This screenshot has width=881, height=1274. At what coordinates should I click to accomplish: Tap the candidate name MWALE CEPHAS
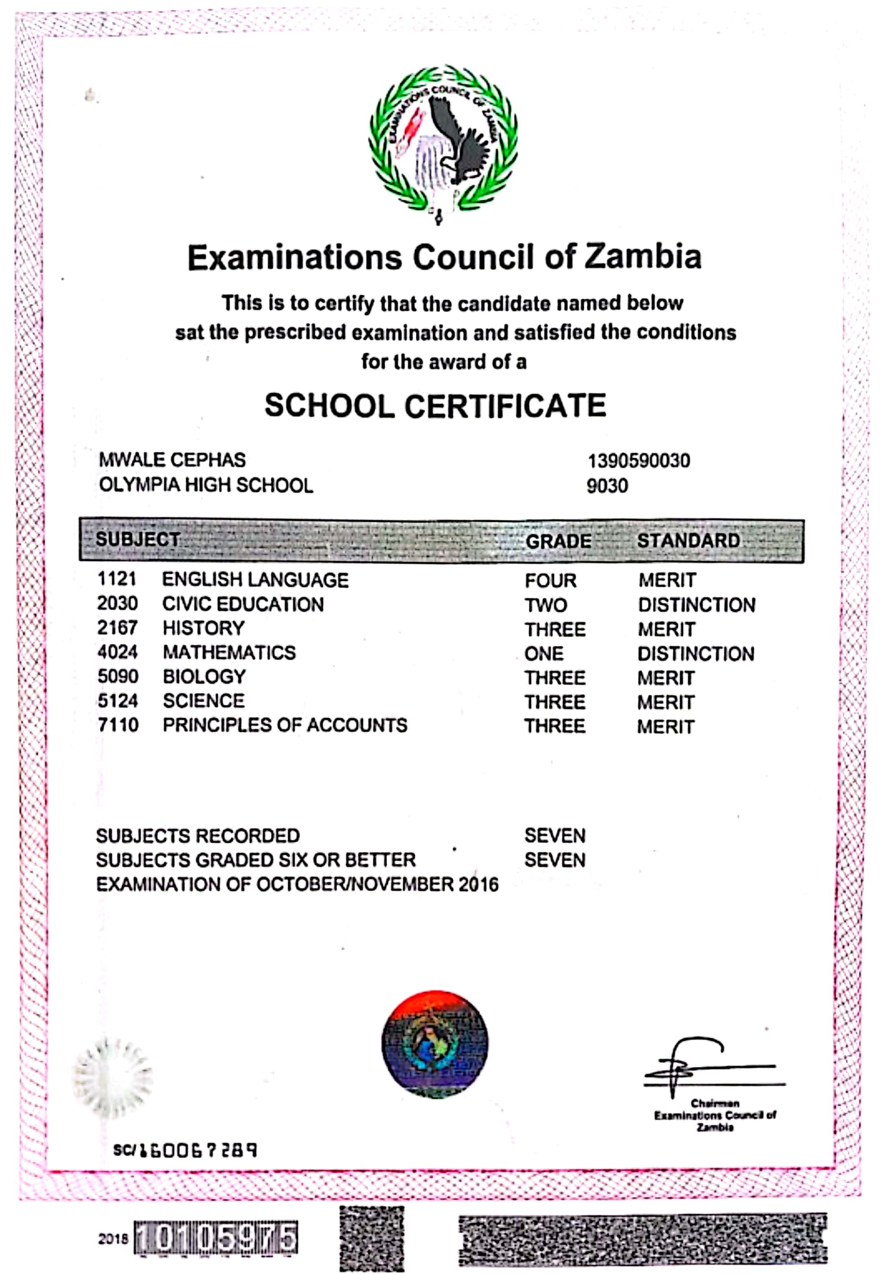click(x=172, y=459)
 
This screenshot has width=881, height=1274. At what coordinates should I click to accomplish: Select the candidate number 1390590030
click(x=638, y=461)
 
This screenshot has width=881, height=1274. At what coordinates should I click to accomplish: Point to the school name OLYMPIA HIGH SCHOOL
click(x=206, y=485)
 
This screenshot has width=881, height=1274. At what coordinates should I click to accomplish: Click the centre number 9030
click(x=607, y=486)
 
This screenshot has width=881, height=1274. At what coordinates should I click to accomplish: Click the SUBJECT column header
click(x=138, y=539)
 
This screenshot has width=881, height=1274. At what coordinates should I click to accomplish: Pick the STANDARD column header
click(x=688, y=541)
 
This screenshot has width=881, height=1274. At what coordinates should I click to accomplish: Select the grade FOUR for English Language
click(x=550, y=581)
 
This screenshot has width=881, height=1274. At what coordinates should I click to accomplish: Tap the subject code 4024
click(x=118, y=652)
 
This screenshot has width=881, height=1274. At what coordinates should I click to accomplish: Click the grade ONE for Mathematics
click(x=544, y=654)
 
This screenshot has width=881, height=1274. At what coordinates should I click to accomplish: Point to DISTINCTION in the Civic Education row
click(x=697, y=605)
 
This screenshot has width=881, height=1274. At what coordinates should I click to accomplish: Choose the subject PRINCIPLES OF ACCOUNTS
click(x=285, y=725)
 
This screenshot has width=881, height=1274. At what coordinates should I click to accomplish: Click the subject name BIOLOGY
click(x=204, y=676)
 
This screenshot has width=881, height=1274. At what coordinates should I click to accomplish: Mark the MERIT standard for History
click(x=666, y=629)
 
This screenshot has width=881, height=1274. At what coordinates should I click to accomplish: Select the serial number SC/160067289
click(x=185, y=1150)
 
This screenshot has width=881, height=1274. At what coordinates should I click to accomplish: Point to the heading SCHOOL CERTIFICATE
click(x=435, y=406)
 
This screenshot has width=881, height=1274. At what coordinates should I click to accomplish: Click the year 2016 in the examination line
click(x=478, y=885)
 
